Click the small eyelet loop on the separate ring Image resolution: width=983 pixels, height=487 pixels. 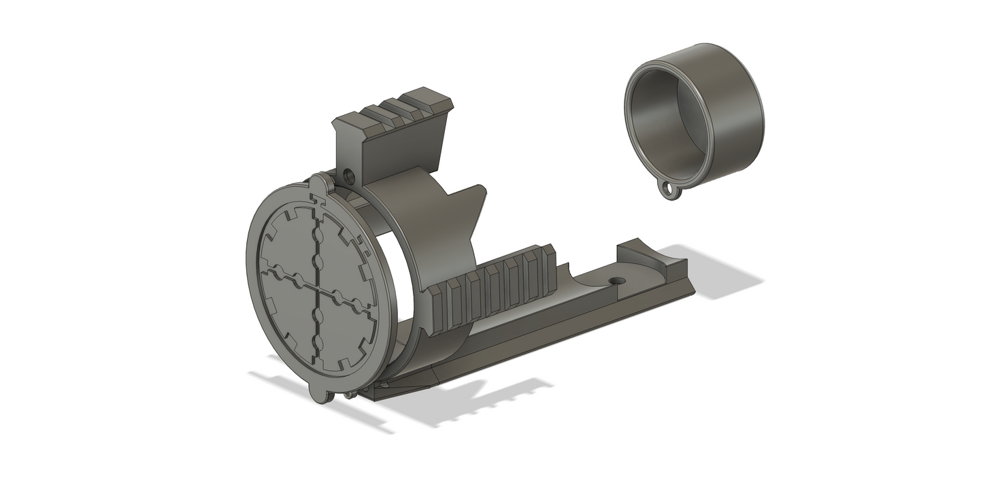pyautogui.click(x=672, y=191)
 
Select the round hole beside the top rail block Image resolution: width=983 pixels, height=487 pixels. pyautogui.click(x=350, y=177)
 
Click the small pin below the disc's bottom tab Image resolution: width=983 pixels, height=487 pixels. pyautogui.click(x=348, y=395)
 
